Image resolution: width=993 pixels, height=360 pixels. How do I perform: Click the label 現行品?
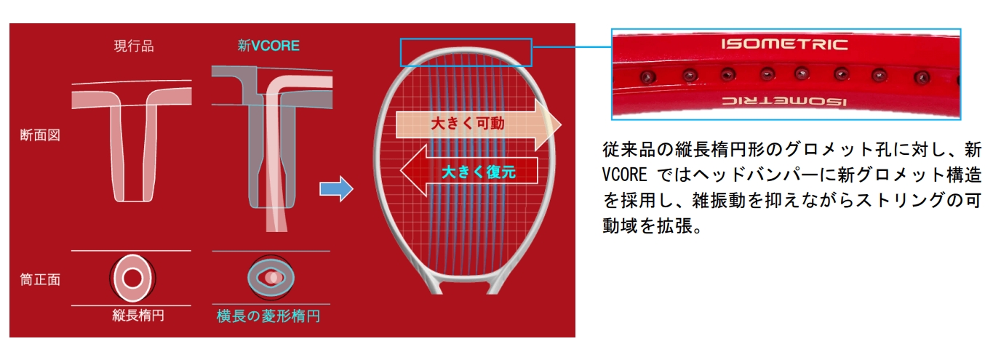[x=134, y=46]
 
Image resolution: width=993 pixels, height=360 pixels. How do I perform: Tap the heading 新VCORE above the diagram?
[x=268, y=46]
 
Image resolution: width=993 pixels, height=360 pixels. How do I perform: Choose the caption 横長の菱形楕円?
[x=268, y=316]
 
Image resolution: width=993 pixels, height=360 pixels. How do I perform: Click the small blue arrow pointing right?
[x=335, y=190]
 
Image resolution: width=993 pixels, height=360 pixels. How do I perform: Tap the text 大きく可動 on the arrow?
[x=467, y=124]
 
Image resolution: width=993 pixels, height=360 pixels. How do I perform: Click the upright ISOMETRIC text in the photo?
[x=784, y=45]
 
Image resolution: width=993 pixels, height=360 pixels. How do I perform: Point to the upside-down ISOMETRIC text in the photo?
[x=786, y=101]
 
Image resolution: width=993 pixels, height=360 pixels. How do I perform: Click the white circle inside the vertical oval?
[x=132, y=277]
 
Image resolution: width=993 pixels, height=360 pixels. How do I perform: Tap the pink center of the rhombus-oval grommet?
[x=272, y=277]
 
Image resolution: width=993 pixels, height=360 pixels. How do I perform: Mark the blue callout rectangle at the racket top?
[x=466, y=52]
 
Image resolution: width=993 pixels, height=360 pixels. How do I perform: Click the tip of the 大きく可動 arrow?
[x=560, y=124]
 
